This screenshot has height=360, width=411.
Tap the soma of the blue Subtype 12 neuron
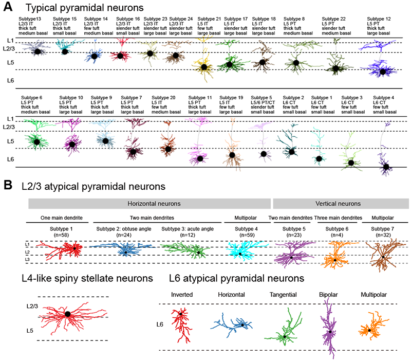(x=382, y=72)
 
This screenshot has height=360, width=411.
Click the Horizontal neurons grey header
(x=148, y=204)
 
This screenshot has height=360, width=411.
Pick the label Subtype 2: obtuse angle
(x=125, y=229)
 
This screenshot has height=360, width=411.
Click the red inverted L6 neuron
(x=180, y=319)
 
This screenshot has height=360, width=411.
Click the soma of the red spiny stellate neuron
(x=67, y=313)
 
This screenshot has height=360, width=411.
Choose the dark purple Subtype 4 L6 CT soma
(x=386, y=166)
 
